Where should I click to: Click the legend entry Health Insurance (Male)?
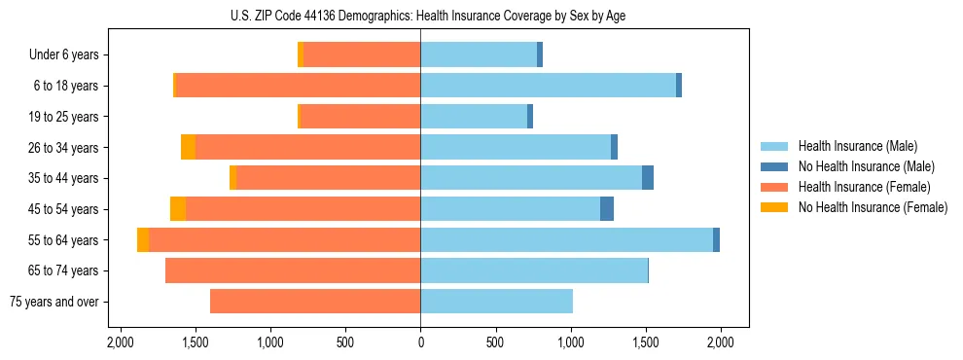[x=857, y=146]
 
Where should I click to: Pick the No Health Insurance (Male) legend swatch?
[x=773, y=166]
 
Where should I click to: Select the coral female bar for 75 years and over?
[x=315, y=302]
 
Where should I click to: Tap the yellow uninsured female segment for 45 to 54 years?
[x=178, y=209]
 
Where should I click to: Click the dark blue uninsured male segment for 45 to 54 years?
[x=607, y=209]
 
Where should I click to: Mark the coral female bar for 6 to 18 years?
[x=298, y=86]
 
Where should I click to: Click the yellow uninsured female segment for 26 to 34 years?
[x=188, y=147]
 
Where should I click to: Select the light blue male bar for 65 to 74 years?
[x=534, y=270]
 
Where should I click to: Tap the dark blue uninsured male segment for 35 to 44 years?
[x=648, y=178]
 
